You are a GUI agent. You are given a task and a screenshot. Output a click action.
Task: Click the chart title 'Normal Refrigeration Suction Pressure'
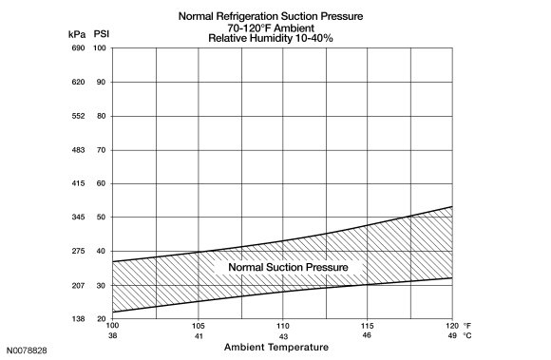click(271, 16)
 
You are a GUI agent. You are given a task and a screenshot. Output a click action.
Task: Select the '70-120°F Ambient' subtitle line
click(271, 28)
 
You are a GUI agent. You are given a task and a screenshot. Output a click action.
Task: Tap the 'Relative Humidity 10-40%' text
click(271, 38)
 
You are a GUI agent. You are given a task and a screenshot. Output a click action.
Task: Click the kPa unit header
click(77, 34)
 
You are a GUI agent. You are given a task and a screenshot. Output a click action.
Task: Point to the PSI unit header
click(102, 33)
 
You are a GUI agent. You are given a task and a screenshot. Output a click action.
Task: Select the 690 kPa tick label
click(78, 47)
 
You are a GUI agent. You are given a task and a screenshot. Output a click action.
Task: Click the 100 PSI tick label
click(100, 47)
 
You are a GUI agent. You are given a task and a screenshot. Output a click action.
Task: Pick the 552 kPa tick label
click(78, 116)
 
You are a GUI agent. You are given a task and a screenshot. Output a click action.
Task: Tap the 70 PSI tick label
click(102, 150)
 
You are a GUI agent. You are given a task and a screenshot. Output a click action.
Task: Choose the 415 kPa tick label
click(78, 183)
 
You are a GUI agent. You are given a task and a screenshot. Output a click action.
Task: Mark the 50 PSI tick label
click(102, 218)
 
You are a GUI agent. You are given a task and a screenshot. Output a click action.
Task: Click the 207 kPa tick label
click(78, 286)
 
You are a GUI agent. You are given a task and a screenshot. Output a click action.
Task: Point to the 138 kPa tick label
click(78, 319)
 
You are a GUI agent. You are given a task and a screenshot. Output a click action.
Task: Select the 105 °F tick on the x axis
click(199, 326)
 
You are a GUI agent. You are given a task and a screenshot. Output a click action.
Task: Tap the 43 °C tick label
click(283, 336)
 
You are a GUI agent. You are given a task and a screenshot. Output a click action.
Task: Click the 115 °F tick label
click(368, 326)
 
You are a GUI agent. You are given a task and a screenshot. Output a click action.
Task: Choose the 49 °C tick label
click(452, 335)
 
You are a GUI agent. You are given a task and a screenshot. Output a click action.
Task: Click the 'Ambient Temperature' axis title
click(276, 347)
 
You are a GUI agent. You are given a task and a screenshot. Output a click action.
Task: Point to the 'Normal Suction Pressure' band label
click(288, 267)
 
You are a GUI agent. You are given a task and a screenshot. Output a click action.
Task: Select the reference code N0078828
click(27, 351)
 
